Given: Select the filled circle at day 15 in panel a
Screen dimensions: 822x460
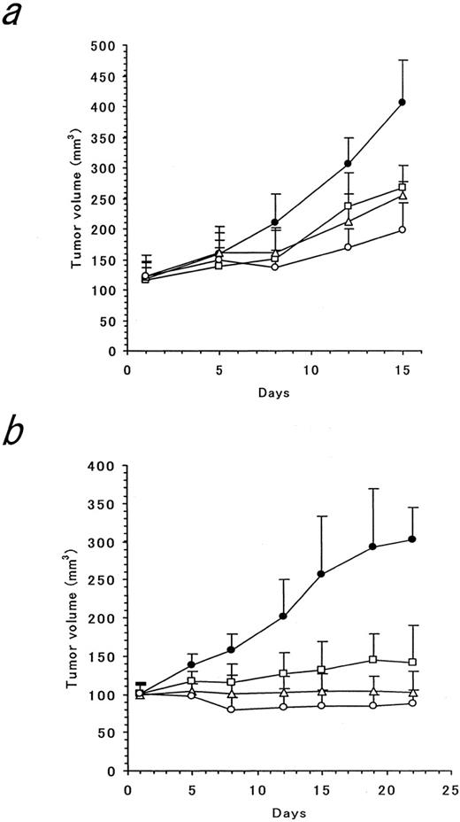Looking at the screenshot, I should tap(402, 102).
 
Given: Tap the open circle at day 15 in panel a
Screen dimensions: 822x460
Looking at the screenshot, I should tap(402, 229).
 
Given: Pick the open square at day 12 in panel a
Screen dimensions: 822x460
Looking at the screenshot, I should tap(348, 206).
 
